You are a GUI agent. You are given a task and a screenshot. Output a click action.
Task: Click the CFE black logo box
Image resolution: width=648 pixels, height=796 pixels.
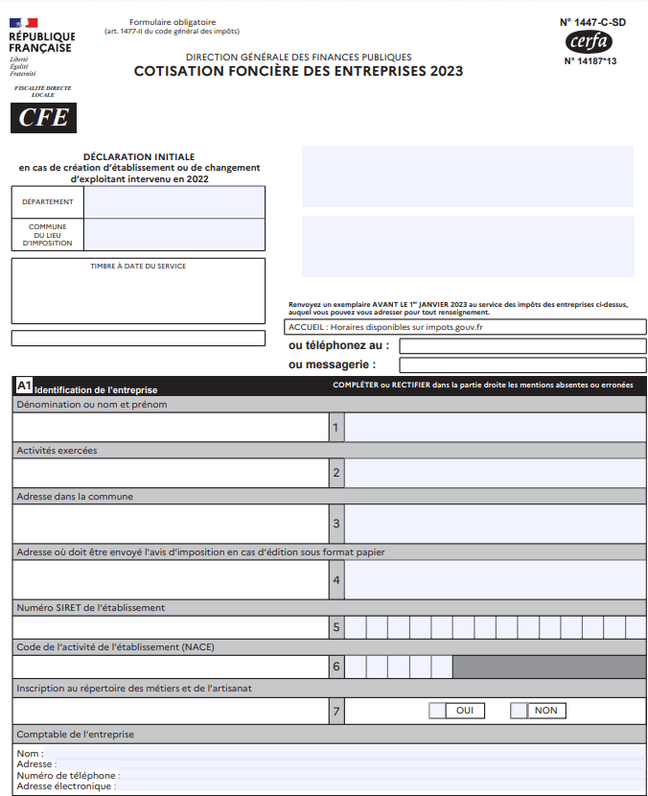[x=43, y=117]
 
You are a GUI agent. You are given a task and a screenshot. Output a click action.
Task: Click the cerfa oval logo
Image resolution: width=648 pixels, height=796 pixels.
[x=589, y=41]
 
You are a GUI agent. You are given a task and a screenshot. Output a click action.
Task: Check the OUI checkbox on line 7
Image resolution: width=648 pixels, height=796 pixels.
[x=437, y=711]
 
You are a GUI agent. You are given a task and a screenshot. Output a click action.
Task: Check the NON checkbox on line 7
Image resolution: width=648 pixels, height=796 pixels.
[x=519, y=711]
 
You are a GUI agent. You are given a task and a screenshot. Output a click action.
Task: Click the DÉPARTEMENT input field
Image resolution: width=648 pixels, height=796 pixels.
[x=174, y=202]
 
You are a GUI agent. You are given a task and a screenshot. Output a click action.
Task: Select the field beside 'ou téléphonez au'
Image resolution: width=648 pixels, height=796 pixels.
[x=522, y=346]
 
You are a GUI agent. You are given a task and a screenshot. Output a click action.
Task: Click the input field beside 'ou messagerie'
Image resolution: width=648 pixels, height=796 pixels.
[x=522, y=364]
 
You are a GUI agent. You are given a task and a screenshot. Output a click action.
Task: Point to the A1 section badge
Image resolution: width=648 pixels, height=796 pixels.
[x=24, y=386]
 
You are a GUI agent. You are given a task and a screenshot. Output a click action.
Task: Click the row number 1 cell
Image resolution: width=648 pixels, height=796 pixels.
[x=336, y=428]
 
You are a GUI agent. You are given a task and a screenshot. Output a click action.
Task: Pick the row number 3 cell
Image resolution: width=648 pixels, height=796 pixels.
[x=336, y=524]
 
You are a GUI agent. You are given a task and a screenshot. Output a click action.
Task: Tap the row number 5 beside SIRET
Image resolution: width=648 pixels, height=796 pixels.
[x=336, y=628]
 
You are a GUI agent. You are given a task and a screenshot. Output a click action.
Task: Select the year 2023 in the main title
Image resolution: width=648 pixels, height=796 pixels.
[x=447, y=71]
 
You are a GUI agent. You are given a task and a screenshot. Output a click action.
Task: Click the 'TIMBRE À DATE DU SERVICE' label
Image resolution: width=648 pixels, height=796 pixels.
[x=138, y=266]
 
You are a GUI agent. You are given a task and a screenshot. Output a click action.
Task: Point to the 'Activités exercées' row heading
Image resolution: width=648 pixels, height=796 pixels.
[x=57, y=450]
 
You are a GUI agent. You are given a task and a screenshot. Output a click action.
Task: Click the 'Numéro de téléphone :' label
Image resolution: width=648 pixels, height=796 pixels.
[x=66, y=775]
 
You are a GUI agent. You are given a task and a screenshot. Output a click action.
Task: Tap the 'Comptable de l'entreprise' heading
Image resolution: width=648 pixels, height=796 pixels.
[x=75, y=735]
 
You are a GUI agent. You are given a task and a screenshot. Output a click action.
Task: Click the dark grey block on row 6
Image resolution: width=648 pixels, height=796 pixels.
[x=548, y=667]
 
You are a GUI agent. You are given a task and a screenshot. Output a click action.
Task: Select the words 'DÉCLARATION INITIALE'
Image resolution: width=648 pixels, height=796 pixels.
[x=139, y=156]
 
